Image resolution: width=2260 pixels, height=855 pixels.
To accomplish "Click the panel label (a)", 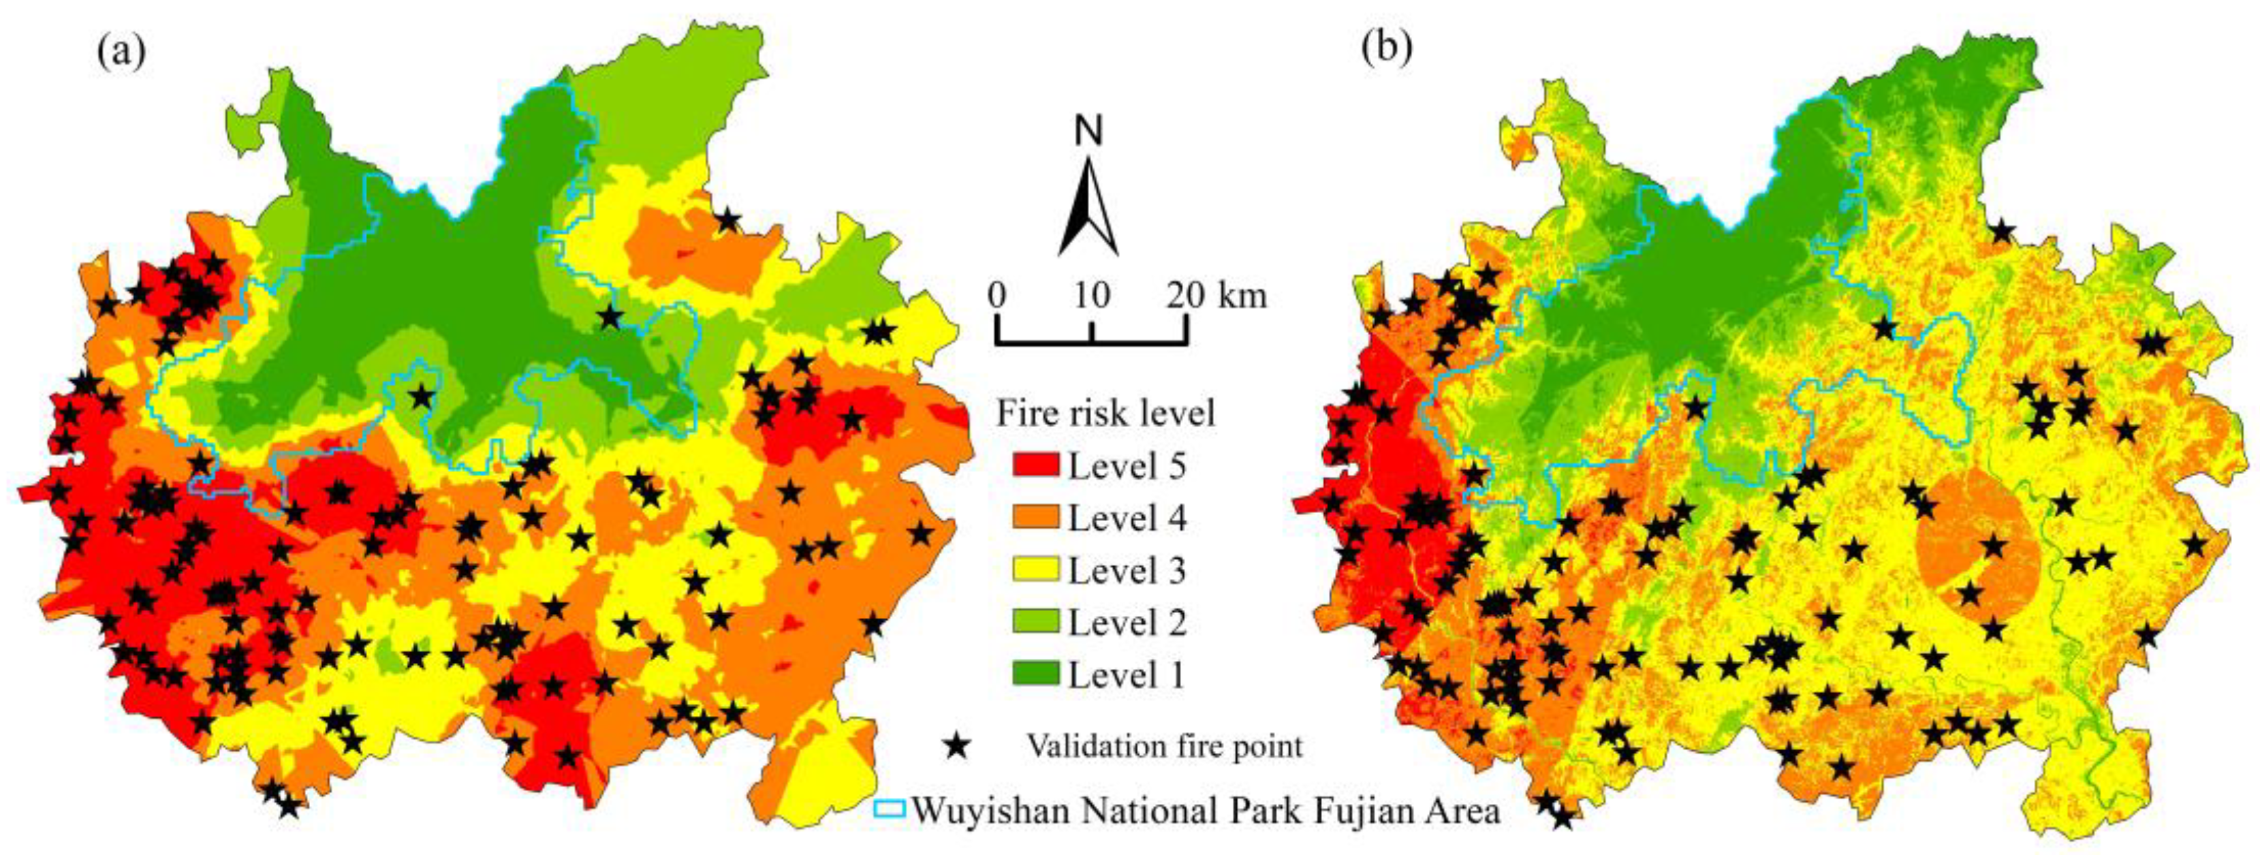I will (x=121, y=54).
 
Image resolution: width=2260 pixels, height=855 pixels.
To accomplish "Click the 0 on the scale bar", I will (x=996, y=296).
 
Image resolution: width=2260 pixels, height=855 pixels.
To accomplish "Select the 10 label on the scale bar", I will (x=1091, y=296).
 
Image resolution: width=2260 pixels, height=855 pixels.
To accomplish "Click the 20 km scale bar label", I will (x=1218, y=296).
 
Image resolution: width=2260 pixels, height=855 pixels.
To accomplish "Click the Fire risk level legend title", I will (x=1105, y=413).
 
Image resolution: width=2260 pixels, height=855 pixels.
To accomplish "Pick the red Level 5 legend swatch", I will (x=1035, y=466).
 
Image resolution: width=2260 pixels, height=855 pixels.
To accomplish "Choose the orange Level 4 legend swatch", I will (x=1035, y=518).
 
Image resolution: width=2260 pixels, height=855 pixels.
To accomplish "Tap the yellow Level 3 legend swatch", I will (x=1035, y=571).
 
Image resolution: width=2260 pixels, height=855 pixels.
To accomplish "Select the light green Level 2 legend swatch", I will (x=1035, y=623).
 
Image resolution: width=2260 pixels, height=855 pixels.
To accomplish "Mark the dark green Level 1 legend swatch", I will (x=1035, y=674).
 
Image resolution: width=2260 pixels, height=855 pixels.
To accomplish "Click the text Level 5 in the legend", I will (x=1127, y=466).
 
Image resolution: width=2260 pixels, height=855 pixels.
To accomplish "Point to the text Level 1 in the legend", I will (x=1127, y=675).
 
